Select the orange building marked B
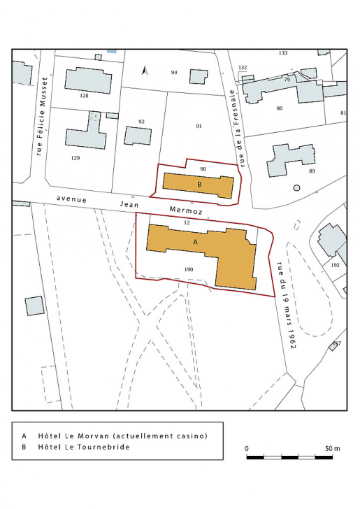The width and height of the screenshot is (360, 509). [199, 185]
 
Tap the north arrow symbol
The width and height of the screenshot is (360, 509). [145, 71]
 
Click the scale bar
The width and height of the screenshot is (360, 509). [290, 457]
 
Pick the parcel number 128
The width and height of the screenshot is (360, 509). [84, 96]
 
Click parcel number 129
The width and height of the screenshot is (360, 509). [75, 158]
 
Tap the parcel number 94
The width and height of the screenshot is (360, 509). [174, 73]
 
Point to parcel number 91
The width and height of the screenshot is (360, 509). [199, 127]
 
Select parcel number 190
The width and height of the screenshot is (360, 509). [189, 269]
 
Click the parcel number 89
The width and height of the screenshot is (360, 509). [312, 171]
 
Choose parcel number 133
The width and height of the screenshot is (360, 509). [282, 53]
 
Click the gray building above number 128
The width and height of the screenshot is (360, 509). [88, 80]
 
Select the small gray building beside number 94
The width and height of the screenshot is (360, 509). [199, 76]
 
